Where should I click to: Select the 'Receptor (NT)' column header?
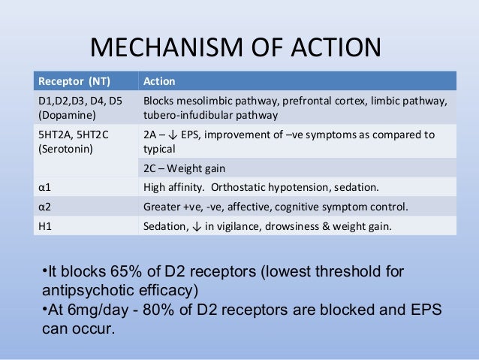pyautogui.click(x=72, y=81)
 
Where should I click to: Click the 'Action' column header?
pyautogui.click(x=159, y=81)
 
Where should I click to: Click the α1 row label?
pyautogui.click(x=43, y=187)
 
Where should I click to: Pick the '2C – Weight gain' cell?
pyautogui.click(x=183, y=168)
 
